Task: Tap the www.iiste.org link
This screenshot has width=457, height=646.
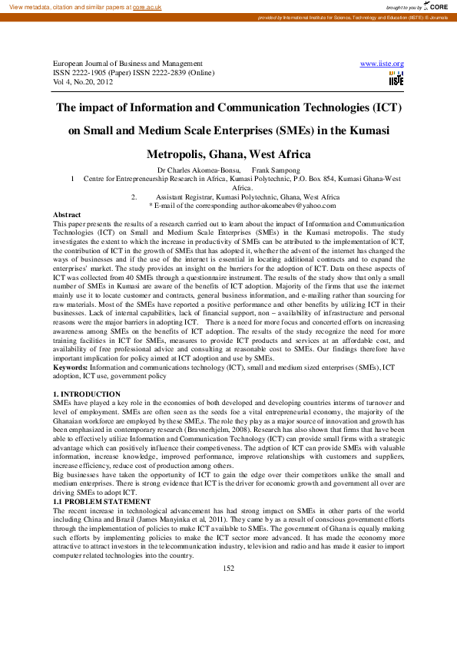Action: tap(382, 64)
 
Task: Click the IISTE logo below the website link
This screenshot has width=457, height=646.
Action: tap(396, 77)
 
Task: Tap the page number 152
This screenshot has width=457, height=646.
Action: tap(228, 568)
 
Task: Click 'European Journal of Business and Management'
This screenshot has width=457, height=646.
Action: tap(127, 64)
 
